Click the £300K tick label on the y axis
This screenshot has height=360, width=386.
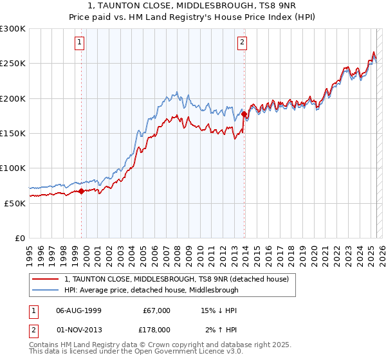[x=13, y=29]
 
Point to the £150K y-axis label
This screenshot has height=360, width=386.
[x=13, y=133]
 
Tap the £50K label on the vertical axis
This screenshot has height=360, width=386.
[x=15, y=203]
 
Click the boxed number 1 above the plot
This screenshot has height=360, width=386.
[x=79, y=43]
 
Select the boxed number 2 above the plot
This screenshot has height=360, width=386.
[x=242, y=43]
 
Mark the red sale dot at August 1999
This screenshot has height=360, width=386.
[x=82, y=191]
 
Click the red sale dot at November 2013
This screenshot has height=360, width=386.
[x=244, y=114]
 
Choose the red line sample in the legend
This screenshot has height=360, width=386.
[x=46, y=279]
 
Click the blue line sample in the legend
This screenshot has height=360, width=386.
[x=46, y=290]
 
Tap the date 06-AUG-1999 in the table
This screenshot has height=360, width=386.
[x=78, y=310]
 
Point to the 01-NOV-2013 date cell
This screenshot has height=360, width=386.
[x=78, y=330]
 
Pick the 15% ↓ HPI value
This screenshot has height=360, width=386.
[x=219, y=310]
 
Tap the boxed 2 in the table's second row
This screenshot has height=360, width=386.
[x=33, y=330]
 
